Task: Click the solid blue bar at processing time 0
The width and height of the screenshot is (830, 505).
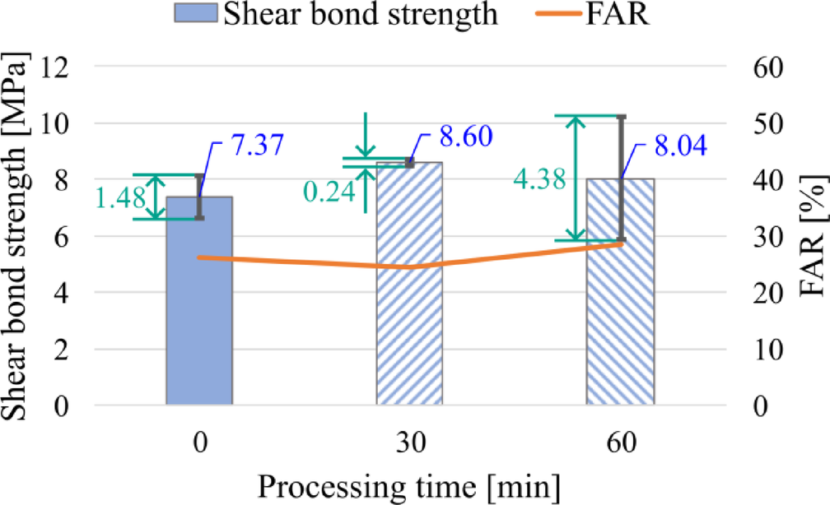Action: pyautogui.click(x=199, y=313)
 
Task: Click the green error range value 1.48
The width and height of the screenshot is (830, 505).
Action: pyautogui.click(x=121, y=198)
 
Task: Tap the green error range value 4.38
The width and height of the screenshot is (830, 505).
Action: pyautogui.click(x=540, y=179)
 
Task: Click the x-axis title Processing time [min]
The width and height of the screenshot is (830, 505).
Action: pyautogui.click(x=410, y=486)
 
